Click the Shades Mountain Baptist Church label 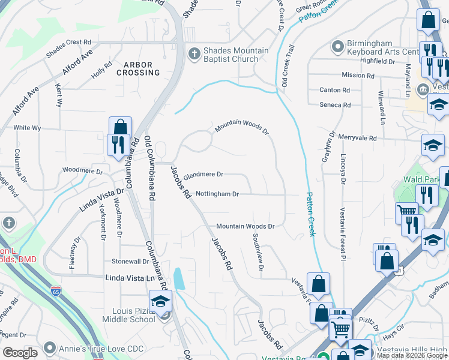(231, 55)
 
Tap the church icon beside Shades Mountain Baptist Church (194, 54)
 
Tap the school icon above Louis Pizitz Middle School (161, 301)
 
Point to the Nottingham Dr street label (217, 194)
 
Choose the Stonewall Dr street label (130, 262)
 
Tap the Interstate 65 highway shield (55, 290)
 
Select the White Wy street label (27, 128)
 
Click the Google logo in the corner (20, 353)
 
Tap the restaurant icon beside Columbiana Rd (116, 145)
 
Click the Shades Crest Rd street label (70, 42)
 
